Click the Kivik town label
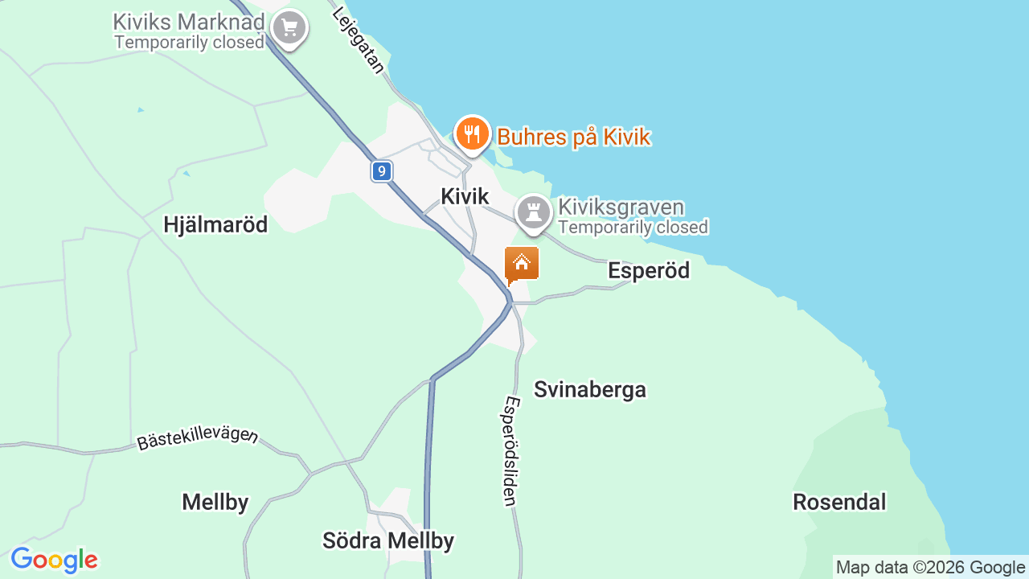465,196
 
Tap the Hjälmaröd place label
215,224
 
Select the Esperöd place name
649,270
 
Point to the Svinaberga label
590,389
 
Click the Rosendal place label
839,502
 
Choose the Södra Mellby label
388,540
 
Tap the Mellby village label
215,502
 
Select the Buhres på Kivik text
573,137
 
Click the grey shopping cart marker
289,28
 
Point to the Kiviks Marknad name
189,22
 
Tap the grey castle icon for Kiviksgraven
533,212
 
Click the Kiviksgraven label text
621,207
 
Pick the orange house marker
522,263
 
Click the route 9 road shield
382,170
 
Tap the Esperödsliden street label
510,450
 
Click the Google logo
54,560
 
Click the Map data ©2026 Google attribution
930,568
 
